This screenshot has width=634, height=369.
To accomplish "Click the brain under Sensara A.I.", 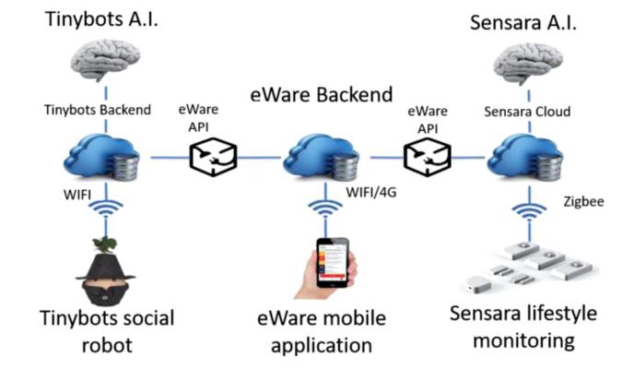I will (x=527, y=64).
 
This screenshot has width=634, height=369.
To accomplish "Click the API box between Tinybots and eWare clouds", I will (x=213, y=158).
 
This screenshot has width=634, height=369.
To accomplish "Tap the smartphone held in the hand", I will (x=331, y=265).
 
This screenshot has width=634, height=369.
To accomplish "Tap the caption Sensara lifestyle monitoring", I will (x=522, y=326).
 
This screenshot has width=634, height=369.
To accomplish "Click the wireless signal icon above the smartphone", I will (x=323, y=209).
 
